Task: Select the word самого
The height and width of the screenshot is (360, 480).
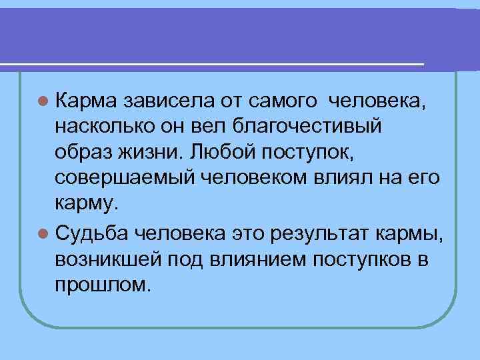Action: [x=281, y=101]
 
